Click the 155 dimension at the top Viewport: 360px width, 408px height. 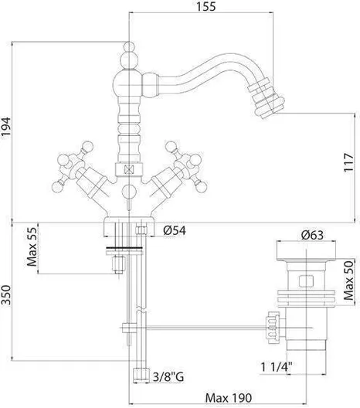click(x=205, y=6)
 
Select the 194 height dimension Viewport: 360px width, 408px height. click(x=5, y=127)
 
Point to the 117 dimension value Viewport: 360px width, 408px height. click(x=349, y=162)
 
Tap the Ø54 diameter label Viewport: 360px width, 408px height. click(x=175, y=230)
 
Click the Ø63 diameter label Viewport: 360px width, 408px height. click(x=312, y=235)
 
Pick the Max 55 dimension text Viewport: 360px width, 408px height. click(x=32, y=247)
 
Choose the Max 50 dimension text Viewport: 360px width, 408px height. click(x=349, y=280)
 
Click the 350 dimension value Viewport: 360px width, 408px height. click(x=5, y=295)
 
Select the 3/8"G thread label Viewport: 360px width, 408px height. click(x=168, y=376)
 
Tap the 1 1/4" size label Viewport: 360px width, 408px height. click(x=277, y=367)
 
